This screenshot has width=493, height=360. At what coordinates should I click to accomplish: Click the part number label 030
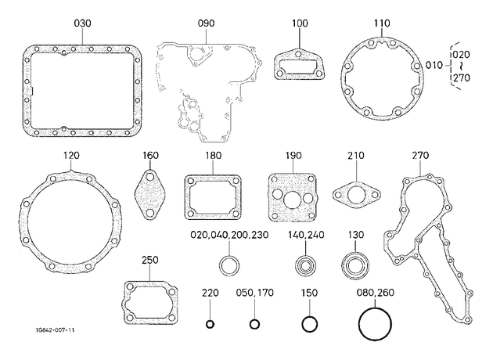pos(82,23)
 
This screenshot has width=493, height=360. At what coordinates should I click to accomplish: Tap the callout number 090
pos(207,23)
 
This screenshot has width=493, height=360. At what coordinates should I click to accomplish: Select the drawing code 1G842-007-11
pos(55,330)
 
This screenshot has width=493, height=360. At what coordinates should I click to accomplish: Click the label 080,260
pos(375,293)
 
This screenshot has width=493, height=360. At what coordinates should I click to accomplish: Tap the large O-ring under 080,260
pos(360,324)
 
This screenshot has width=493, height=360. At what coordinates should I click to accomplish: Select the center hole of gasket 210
pos(357,195)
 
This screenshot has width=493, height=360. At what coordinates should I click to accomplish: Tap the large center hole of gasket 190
pos(293,199)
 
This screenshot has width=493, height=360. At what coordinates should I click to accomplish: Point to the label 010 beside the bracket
pos(434,66)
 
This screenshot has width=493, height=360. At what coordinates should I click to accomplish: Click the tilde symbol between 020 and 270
pos(462,66)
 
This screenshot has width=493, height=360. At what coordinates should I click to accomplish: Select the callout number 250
pos(150,261)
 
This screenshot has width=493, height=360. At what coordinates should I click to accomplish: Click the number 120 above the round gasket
pos(71,156)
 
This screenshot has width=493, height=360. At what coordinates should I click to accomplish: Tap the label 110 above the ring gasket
pos(382,23)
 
